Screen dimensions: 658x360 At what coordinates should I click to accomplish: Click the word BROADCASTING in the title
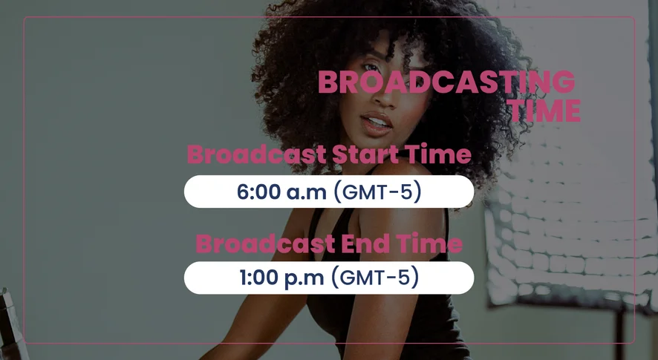(x=446, y=82)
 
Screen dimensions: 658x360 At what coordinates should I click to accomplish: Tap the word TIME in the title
(x=544, y=111)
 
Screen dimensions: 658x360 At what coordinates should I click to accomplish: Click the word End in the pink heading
(x=365, y=243)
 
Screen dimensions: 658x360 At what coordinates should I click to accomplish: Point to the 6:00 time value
(x=258, y=192)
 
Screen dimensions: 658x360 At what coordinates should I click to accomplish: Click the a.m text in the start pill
(x=306, y=192)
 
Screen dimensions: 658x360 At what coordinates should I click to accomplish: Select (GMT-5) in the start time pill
(x=377, y=192)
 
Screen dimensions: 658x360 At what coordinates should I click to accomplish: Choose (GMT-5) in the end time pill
(x=375, y=278)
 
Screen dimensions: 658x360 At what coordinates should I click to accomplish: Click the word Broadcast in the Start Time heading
(x=257, y=154)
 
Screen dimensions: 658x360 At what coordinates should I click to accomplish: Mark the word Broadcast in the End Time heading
(x=266, y=243)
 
